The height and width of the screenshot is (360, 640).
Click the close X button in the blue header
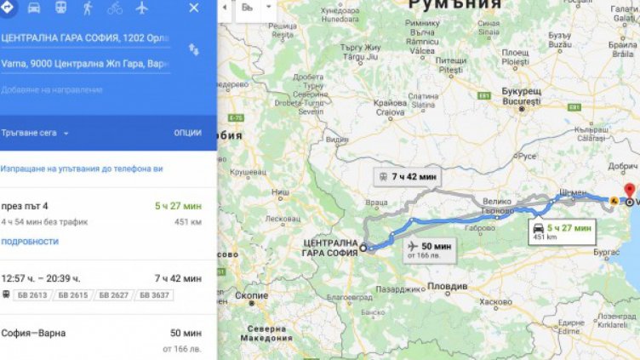194,9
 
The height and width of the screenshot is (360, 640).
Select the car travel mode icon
33,9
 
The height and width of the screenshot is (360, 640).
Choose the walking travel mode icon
88,9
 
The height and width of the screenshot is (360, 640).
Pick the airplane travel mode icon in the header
141,9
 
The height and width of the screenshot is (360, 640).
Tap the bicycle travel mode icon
114,9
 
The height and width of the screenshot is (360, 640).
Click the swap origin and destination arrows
194,50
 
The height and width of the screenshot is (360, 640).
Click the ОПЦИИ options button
187,133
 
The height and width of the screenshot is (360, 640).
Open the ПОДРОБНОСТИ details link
30,242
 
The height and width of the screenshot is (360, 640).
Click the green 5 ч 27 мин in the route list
178,206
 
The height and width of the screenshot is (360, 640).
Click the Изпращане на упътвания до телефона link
82,169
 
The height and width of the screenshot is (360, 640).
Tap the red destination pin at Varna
629,191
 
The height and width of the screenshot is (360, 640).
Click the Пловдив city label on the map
448,286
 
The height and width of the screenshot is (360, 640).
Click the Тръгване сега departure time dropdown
36,133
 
